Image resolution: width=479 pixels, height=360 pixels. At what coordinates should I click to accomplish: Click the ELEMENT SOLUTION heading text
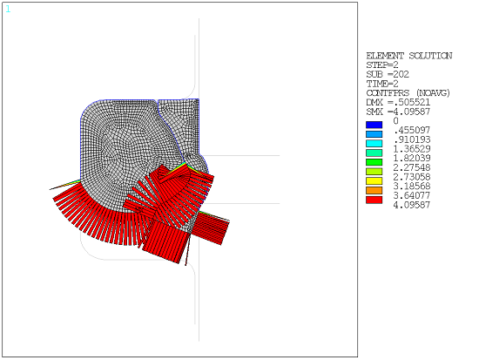coord(408,56)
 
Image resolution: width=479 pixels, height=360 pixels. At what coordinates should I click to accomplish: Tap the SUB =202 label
coord(386,74)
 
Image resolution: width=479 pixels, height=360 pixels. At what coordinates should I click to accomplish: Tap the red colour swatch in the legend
coord(374,200)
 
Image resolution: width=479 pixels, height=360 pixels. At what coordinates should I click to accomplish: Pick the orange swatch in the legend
coord(374,191)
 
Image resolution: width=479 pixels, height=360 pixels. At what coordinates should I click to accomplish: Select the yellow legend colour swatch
coord(374,181)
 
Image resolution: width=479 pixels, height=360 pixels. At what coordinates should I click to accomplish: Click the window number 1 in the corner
coord(8,8)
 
